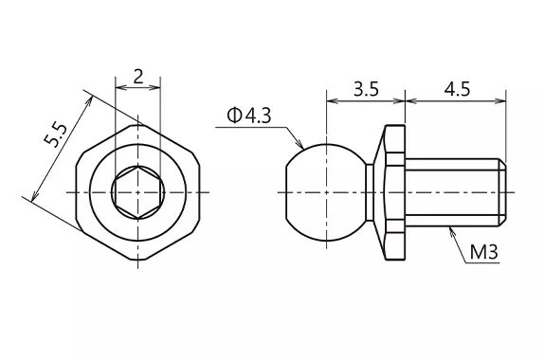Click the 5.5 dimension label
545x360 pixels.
pyautogui.click(x=55, y=135)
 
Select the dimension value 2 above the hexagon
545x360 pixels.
pyautogui.click(x=138, y=77)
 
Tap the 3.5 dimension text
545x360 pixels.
pyautogui.click(x=366, y=89)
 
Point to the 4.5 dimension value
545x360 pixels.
pyautogui.click(x=458, y=89)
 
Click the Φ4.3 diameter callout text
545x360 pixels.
pyautogui.click(x=249, y=116)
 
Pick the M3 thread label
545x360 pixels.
pyautogui.click(x=484, y=252)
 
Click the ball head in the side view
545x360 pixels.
pyautogui.click(x=326, y=192)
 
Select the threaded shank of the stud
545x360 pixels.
pyautogui.click(x=455, y=192)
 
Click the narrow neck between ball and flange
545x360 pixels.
pyautogui.click(x=370, y=192)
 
